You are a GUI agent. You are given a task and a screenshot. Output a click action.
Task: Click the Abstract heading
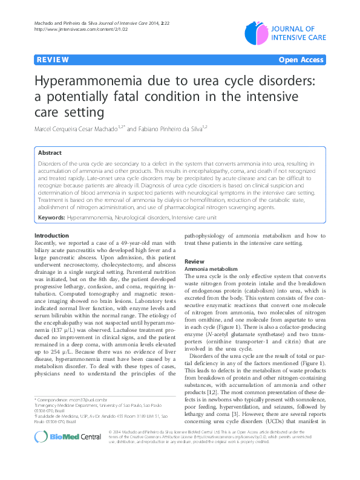(x=50, y=153)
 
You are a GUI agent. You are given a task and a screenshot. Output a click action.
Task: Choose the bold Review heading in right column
(x=194, y=261)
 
